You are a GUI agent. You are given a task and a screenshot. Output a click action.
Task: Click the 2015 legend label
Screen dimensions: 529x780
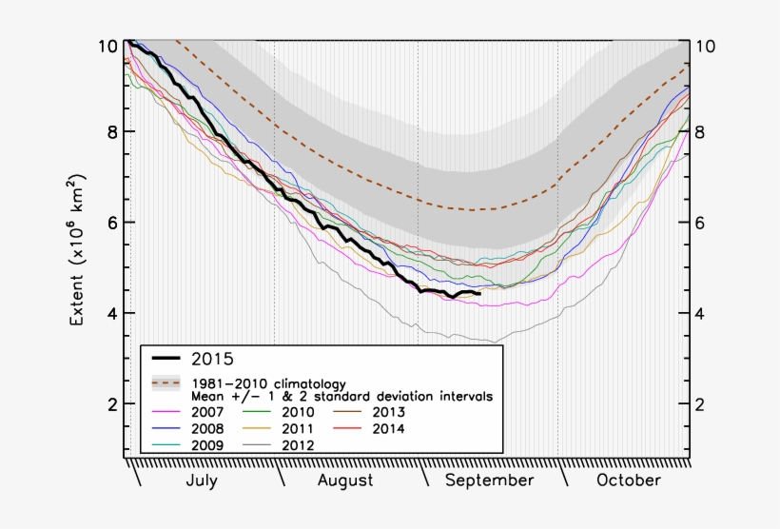(212, 359)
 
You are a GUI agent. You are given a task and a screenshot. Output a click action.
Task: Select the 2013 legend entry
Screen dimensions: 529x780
(388, 412)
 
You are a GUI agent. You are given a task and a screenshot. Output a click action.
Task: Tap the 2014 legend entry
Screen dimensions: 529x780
(388, 428)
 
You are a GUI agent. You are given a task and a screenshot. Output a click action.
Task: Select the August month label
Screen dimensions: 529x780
(345, 480)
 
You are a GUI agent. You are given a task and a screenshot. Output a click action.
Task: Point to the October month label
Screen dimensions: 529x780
(628, 480)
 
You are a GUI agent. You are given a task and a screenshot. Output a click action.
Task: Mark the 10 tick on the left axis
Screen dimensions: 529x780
(107, 46)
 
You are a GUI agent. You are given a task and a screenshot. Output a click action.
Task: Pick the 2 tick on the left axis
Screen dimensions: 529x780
(112, 404)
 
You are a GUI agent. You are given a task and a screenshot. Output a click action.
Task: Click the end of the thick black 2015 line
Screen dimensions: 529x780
(480, 294)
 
